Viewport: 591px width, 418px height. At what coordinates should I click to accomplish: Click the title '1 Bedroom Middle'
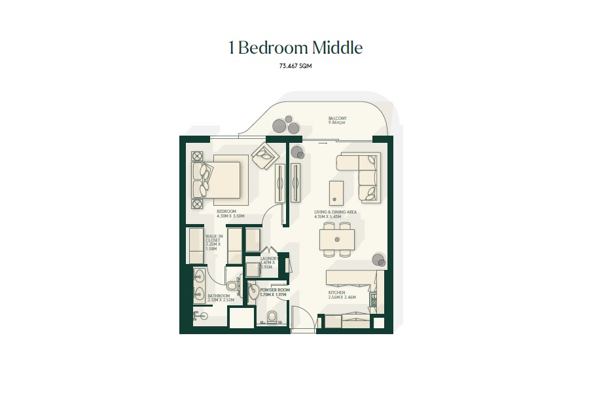pos(295,48)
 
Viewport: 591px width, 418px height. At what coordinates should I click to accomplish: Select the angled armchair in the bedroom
pos(266,155)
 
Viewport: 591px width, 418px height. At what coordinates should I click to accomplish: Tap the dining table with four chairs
pos(337,239)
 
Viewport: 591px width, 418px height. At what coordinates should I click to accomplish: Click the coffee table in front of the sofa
pos(336,191)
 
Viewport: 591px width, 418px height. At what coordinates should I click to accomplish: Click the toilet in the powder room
pos(273,318)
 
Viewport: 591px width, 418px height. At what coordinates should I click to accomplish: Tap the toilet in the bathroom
pos(231,286)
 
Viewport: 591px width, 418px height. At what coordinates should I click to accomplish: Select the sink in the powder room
pos(254,293)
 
